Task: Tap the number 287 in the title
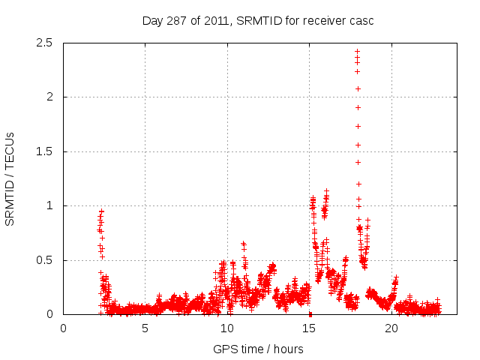point(177,21)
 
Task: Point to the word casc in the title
point(361,21)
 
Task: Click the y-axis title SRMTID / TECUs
point(10,178)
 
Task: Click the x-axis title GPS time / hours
point(258,349)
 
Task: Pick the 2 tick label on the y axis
point(49,97)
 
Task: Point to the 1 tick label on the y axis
point(49,206)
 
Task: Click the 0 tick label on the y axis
point(49,315)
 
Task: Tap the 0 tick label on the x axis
point(63,328)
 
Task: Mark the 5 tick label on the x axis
point(145,328)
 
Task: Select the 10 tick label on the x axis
point(227,328)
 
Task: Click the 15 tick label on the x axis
point(309,328)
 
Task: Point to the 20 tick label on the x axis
point(391,328)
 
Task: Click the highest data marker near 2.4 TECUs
point(357,52)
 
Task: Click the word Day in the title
point(152,21)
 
